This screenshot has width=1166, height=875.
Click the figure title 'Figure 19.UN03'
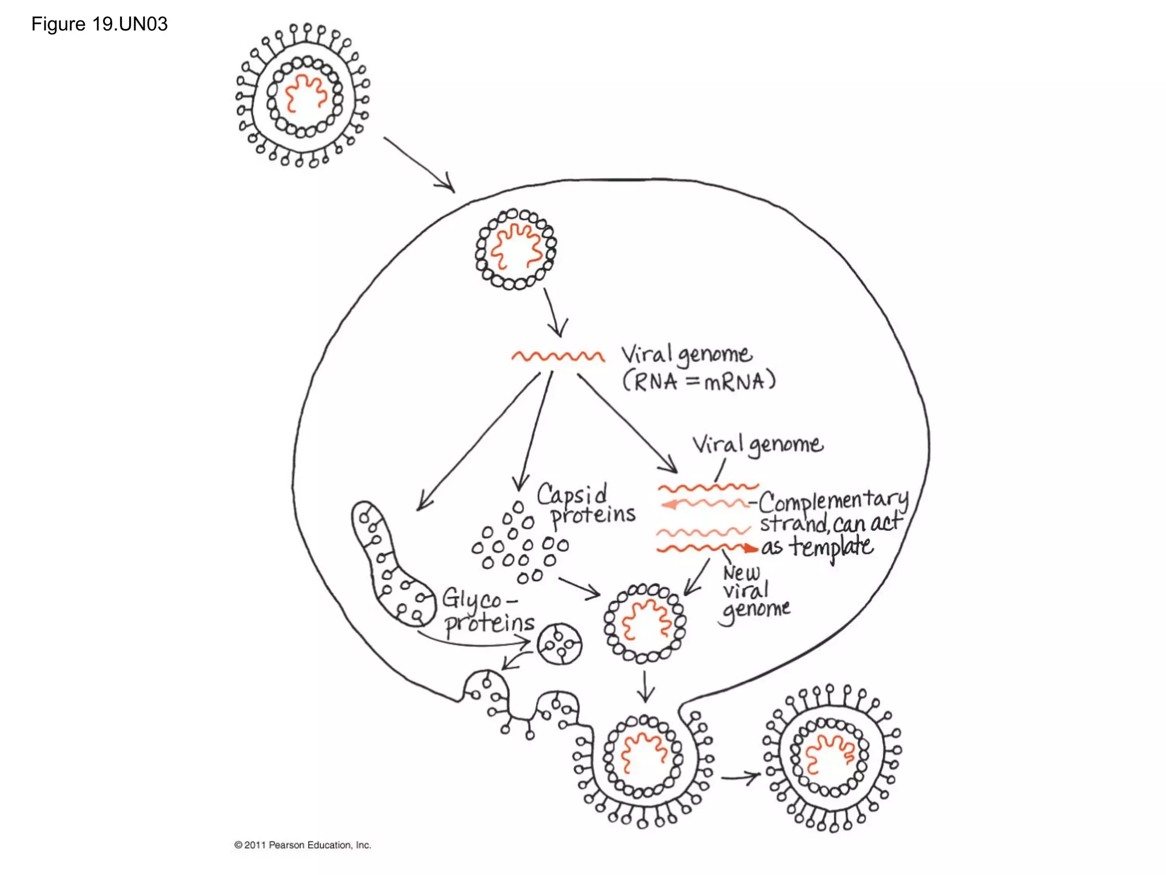click(x=99, y=24)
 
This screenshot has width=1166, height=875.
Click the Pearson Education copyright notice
click(x=302, y=845)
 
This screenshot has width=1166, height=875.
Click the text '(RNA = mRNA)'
click(x=699, y=381)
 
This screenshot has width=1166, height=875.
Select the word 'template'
click(x=831, y=547)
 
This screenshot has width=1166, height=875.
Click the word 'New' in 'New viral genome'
click(x=741, y=572)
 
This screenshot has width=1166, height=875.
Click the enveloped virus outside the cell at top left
click(x=303, y=96)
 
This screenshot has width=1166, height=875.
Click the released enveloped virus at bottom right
click(x=831, y=758)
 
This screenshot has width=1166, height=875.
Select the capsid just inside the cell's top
click(x=516, y=250)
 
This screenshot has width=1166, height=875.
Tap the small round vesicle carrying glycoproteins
click(x=560, y=644)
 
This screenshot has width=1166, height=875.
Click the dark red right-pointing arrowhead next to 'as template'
click(x=752, y=548)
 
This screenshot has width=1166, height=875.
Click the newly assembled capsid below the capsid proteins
click(x=644, y=623)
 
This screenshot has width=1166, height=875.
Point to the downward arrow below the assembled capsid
click(x=645, y=686)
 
